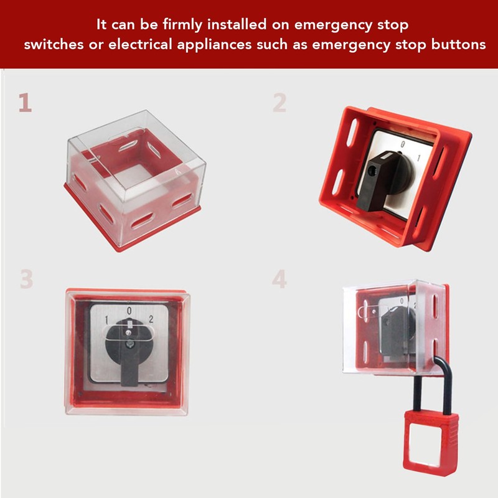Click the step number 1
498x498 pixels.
click(x=25, y=103)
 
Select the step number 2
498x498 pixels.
click(x=280, y=103)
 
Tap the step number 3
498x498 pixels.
click(x=26, y=280)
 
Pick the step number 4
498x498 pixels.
click(x=280, y=280)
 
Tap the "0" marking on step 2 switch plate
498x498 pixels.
click(x=403, y=145)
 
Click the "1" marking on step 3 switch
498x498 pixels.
click(x=106, y=320)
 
